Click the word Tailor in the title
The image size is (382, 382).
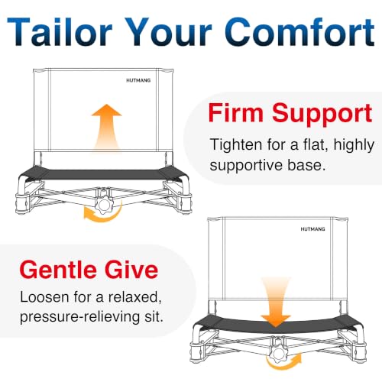60,31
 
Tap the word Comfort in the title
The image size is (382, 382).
299,31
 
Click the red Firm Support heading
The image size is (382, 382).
290,114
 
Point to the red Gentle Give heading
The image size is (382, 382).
89,270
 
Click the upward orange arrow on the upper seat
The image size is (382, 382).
107,126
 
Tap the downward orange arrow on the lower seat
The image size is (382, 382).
276,303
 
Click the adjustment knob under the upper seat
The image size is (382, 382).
104,205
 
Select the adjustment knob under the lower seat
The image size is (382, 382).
277,354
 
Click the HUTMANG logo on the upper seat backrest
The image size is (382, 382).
138,80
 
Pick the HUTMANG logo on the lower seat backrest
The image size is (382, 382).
312,229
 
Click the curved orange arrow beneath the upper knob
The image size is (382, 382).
103,216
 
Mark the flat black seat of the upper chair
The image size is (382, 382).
105,173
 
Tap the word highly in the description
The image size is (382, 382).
354,145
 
